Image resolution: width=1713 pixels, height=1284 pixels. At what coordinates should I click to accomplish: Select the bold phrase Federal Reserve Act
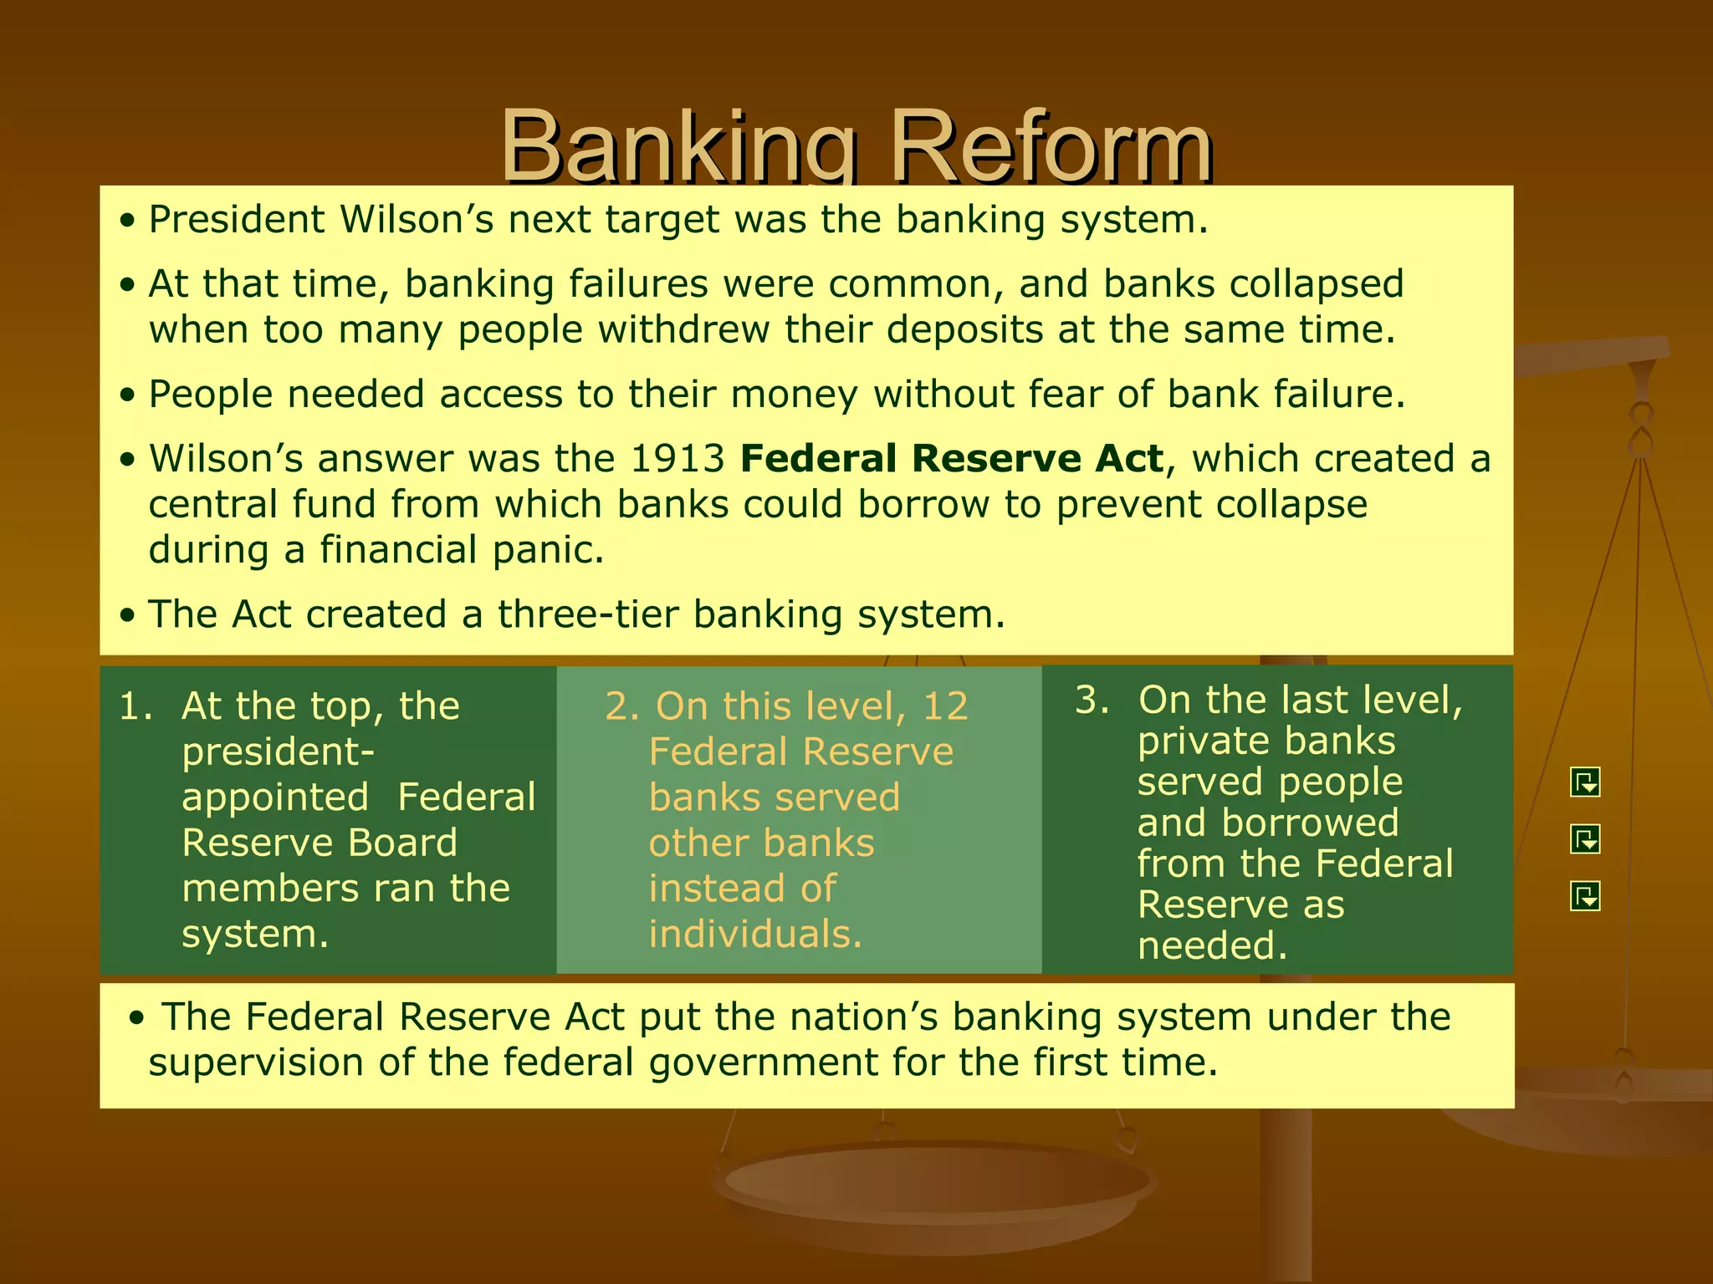point(952,459)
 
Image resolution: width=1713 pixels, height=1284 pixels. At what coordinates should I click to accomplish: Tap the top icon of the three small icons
point(1585,782)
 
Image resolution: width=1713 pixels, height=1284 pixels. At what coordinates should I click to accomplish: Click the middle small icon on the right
point(1585,838)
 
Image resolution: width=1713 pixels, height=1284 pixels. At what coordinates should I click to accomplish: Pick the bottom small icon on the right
point(1585,896)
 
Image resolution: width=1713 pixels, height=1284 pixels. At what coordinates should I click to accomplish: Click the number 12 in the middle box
point(945,706)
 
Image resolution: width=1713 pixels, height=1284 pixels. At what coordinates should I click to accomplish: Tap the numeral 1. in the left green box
point(136,706)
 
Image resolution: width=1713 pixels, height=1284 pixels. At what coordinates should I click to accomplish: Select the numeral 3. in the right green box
point(1092,700)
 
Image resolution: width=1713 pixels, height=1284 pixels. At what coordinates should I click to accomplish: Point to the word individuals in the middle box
point(754,934)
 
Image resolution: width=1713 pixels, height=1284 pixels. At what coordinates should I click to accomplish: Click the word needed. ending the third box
point(1212,945)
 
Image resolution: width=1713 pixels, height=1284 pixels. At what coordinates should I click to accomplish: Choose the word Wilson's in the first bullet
point(417,220)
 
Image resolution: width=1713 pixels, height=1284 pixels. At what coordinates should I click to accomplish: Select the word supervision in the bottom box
point(256,1062)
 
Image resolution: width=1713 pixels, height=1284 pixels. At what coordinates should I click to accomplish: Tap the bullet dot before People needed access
point(127,395)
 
